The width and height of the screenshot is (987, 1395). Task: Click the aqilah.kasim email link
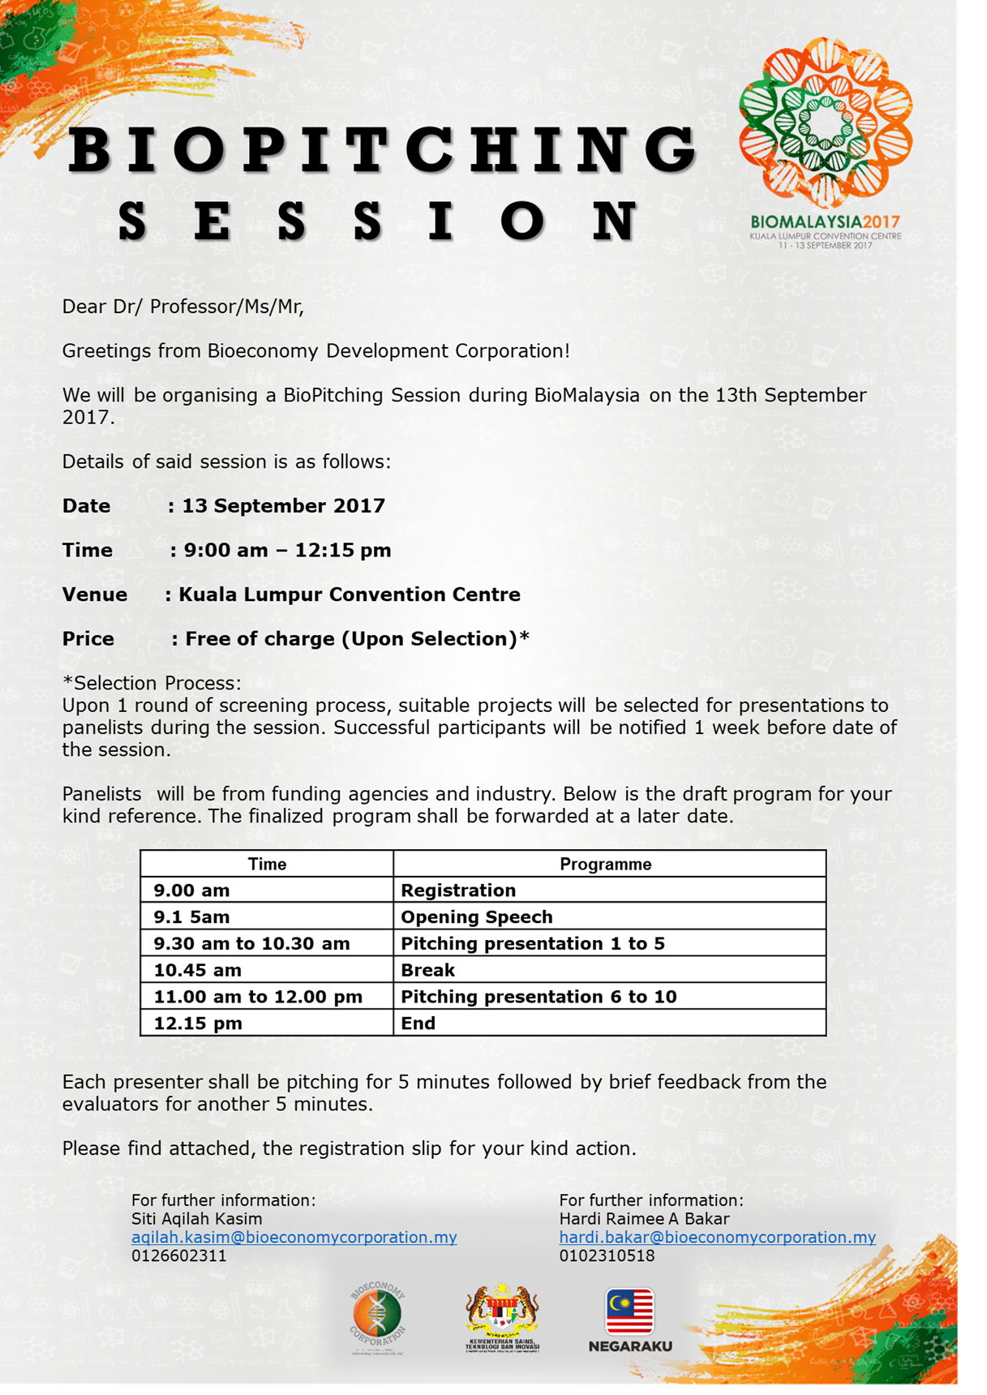point(294,1237)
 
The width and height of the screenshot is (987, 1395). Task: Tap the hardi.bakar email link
point(717,1237)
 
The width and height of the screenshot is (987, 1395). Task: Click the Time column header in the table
point(267,864)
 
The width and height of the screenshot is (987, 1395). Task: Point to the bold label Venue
point(95,594)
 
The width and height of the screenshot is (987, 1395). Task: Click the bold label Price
point(88,639)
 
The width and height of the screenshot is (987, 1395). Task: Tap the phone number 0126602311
point(179,1255)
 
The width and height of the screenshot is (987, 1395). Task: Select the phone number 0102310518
point(607,1255)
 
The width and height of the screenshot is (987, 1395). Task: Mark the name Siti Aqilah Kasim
point(196,1218)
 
